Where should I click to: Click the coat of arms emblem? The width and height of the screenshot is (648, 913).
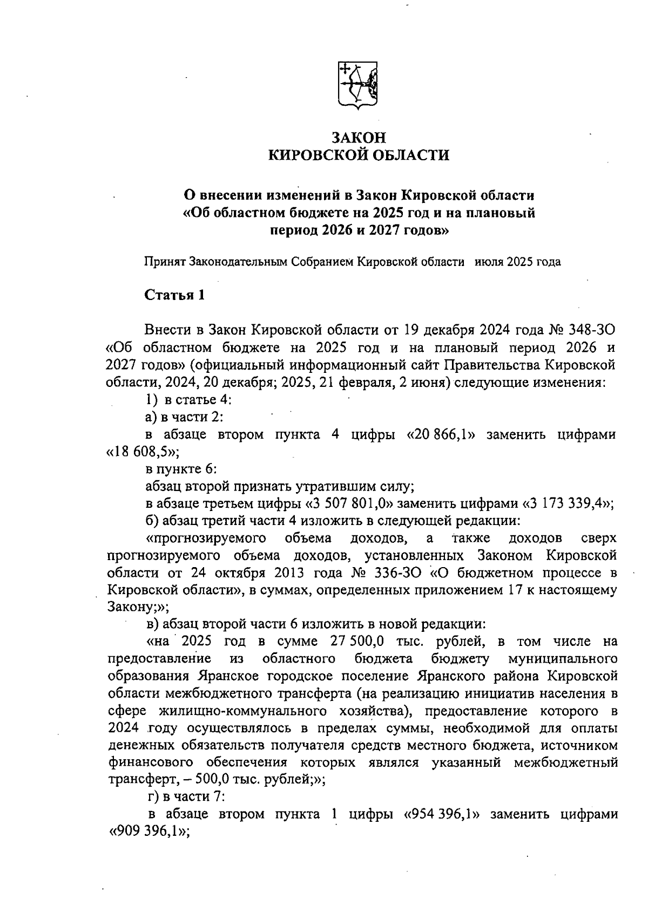(x=357, y=86)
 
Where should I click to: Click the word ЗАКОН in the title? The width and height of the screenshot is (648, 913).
(x=359, y=138)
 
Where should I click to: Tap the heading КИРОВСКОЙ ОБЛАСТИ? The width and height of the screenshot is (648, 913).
(x=359, y=156)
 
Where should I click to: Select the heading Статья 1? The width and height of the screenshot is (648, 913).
(x=174, y=295)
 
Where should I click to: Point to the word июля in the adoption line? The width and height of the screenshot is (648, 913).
(x=489, y=262)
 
